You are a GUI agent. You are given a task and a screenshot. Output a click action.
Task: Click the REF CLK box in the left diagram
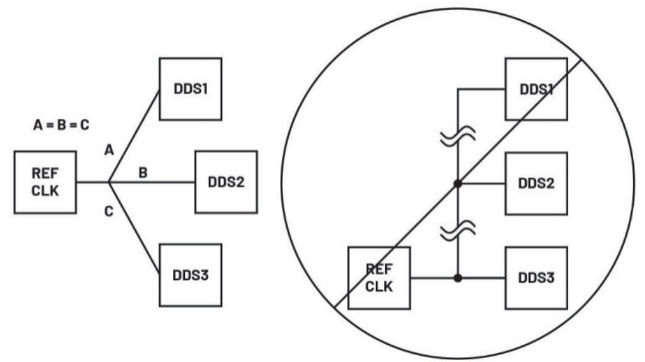45,182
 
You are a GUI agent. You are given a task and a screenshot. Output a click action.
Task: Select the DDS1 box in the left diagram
190,89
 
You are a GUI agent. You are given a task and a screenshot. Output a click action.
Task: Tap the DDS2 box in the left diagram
226,182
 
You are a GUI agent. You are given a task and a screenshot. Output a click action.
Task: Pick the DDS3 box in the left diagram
190,275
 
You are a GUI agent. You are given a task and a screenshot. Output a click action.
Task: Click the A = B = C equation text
61,125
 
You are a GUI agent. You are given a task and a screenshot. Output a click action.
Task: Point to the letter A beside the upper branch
109,150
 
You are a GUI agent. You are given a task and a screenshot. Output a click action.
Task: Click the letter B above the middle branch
143,173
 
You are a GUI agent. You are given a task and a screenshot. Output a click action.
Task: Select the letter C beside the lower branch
109,212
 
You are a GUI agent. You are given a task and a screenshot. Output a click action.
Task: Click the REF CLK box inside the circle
379,278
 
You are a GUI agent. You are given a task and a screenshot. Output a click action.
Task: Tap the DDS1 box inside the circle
536,89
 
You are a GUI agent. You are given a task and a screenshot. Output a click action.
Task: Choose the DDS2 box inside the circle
536,184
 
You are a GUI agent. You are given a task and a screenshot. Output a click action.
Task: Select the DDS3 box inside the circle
536,278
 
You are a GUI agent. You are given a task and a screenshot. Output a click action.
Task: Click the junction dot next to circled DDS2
458,184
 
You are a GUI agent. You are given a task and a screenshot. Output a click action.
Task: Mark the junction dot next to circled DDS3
458,278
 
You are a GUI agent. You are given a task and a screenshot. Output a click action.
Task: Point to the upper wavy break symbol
458,136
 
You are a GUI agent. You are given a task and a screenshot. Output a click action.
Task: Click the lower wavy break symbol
458,231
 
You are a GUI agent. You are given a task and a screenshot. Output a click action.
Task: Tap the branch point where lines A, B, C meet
109,182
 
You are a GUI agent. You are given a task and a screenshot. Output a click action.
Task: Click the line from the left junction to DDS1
134,136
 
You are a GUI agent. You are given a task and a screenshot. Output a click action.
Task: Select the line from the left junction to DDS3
134,228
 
